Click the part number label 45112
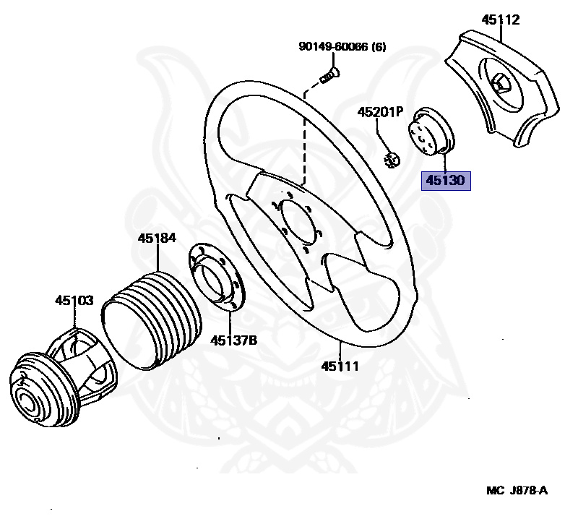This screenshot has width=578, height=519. coord(501,20)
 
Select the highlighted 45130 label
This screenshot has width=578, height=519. coord(446,180)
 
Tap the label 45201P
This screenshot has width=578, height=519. coord(381,113)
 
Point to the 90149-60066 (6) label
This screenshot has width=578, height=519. coord(342,47)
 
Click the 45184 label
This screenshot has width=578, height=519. coord(157,238)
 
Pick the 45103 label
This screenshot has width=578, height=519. coord(74,299)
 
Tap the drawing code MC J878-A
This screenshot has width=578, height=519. coord(517,491)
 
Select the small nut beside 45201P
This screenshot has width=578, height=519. coord(392,160)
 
